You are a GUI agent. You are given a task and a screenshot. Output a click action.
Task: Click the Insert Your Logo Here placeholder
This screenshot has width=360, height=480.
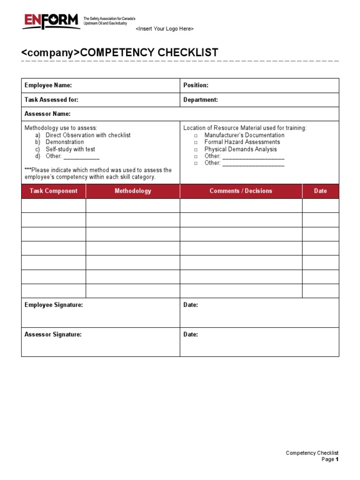[x=165, y=29]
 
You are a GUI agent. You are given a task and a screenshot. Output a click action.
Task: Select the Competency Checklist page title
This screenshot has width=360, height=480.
[x=120, y=52]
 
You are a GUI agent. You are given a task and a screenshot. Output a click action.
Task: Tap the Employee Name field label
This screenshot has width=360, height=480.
[x=48, y=85]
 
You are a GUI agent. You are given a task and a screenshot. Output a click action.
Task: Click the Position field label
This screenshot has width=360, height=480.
[x=196, y=85]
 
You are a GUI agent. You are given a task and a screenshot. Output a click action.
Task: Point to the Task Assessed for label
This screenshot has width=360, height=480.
[x=52, y=100]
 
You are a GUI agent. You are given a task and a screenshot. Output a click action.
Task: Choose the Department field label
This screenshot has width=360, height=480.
[x=201, y=100]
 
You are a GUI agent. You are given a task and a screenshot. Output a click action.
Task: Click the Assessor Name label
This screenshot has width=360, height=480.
[x=48, y=114]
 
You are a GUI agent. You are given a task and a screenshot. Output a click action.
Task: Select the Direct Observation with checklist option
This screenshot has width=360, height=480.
[x=88, y=135]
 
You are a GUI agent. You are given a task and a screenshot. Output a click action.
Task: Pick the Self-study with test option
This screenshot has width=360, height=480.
[x=70, y=149]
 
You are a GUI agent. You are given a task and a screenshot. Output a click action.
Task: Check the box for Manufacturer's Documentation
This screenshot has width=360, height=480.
[x=196, y=135]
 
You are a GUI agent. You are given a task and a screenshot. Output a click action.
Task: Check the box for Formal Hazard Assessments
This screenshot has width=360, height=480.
[x=196, y=142]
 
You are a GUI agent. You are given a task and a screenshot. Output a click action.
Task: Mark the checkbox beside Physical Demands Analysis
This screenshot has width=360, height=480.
[x=196, y=150]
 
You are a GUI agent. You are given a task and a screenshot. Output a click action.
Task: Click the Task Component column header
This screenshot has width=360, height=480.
[x=53, y=191]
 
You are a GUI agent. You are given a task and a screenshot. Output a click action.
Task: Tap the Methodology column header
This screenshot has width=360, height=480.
[x=133, y=191]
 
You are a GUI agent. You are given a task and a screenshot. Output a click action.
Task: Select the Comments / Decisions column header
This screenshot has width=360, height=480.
[x=241, y=191]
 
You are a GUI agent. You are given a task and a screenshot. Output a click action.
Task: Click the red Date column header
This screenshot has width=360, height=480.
[x=321, y=191]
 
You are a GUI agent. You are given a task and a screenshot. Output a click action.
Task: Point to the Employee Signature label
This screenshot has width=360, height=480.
[x=54, y=305]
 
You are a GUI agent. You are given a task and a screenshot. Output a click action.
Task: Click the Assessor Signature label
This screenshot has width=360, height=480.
[x=53, y=335]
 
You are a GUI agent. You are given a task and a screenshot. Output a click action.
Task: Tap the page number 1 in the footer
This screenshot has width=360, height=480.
[x=337, y=460]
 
